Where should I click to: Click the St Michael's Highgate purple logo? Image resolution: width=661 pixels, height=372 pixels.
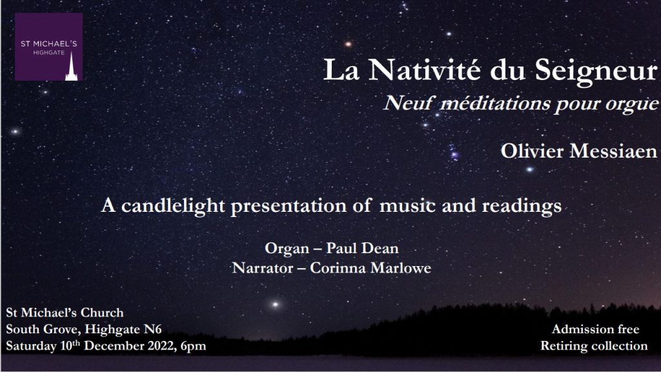[49, 46]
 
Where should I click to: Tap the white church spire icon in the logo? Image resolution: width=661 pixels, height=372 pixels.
[71, 66]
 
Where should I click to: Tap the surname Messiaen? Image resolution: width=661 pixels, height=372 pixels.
[613, 151]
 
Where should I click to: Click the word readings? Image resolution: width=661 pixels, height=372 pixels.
[522, 207]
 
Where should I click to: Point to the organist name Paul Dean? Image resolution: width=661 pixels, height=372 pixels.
[363, 248]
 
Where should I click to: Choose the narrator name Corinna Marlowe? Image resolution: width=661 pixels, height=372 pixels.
[371, 268]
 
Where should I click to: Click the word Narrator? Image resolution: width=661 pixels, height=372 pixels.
[262, 268]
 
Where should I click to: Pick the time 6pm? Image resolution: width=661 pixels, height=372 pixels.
[193, 347]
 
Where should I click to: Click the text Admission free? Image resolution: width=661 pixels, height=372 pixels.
[595, 329]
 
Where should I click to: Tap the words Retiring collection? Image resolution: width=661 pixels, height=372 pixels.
[594, 346]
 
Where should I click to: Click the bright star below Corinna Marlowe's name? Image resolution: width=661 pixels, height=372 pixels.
[275, 304]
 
